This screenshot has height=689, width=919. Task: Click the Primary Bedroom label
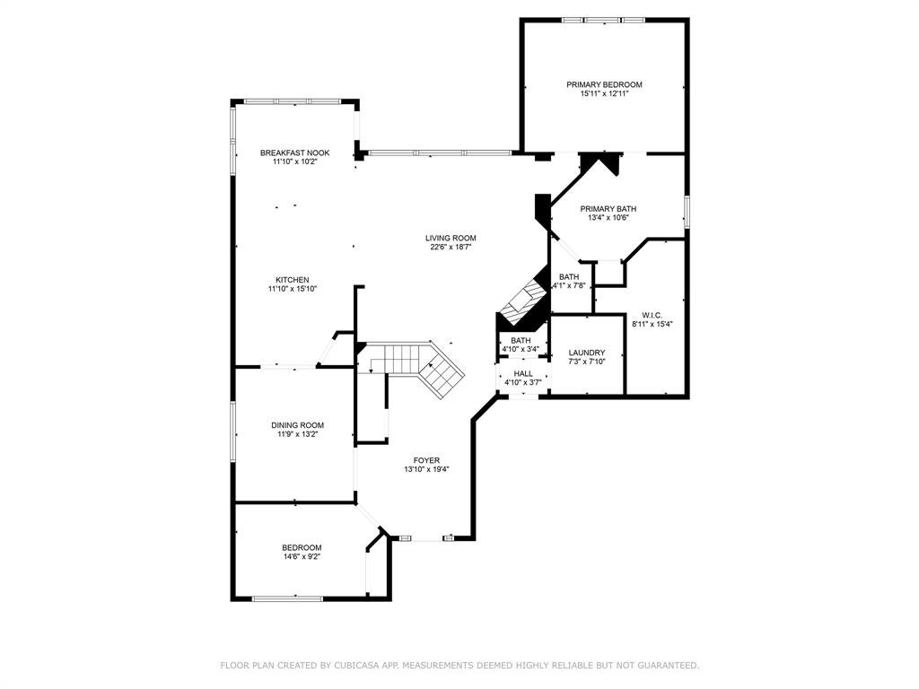[604, 84]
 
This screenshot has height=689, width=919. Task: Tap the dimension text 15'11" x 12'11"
[604, 93]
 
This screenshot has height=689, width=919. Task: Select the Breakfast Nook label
[294, 153]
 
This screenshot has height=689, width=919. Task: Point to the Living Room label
[451, 238]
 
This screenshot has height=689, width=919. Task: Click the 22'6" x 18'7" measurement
[451, 247]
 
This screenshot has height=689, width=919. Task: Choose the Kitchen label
[293, 280]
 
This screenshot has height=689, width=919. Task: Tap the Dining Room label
[298, 425]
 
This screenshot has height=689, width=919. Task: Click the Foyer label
[426, 460]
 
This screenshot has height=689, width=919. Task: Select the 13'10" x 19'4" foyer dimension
[426, 469]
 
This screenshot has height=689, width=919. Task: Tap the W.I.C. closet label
[652, 315]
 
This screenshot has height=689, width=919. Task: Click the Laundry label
[587, 353]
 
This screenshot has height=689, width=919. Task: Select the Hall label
[523, 373]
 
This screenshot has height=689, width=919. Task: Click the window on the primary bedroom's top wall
[603, 20]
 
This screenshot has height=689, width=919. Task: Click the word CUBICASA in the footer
[356, 665]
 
